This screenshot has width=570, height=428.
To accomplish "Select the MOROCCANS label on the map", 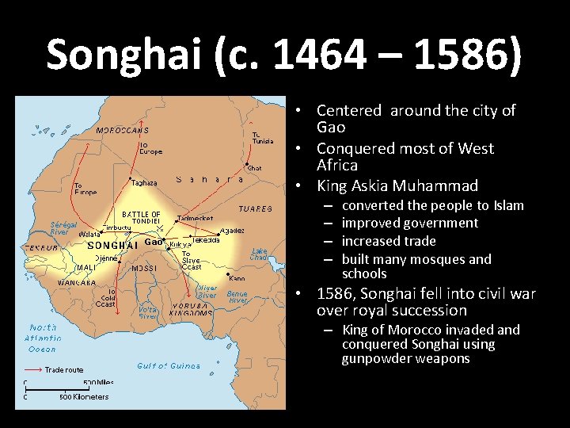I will [122, 130].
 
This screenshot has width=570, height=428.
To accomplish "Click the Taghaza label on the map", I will [144, 182].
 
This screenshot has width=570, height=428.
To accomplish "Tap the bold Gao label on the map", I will [154, 242].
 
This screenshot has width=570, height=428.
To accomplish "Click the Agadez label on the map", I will [232, 231].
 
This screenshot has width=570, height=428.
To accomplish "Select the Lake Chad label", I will [259, 254].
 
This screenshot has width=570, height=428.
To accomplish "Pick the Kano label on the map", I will [237, 278].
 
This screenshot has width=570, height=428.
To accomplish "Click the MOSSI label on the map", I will [144, 269].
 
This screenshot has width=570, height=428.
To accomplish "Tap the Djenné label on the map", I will [107, 258].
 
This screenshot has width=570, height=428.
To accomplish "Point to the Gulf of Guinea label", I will [168, 365].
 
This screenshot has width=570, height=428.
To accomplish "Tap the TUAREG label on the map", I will [255, 208].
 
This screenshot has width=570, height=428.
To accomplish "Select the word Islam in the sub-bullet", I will [509, 205].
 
